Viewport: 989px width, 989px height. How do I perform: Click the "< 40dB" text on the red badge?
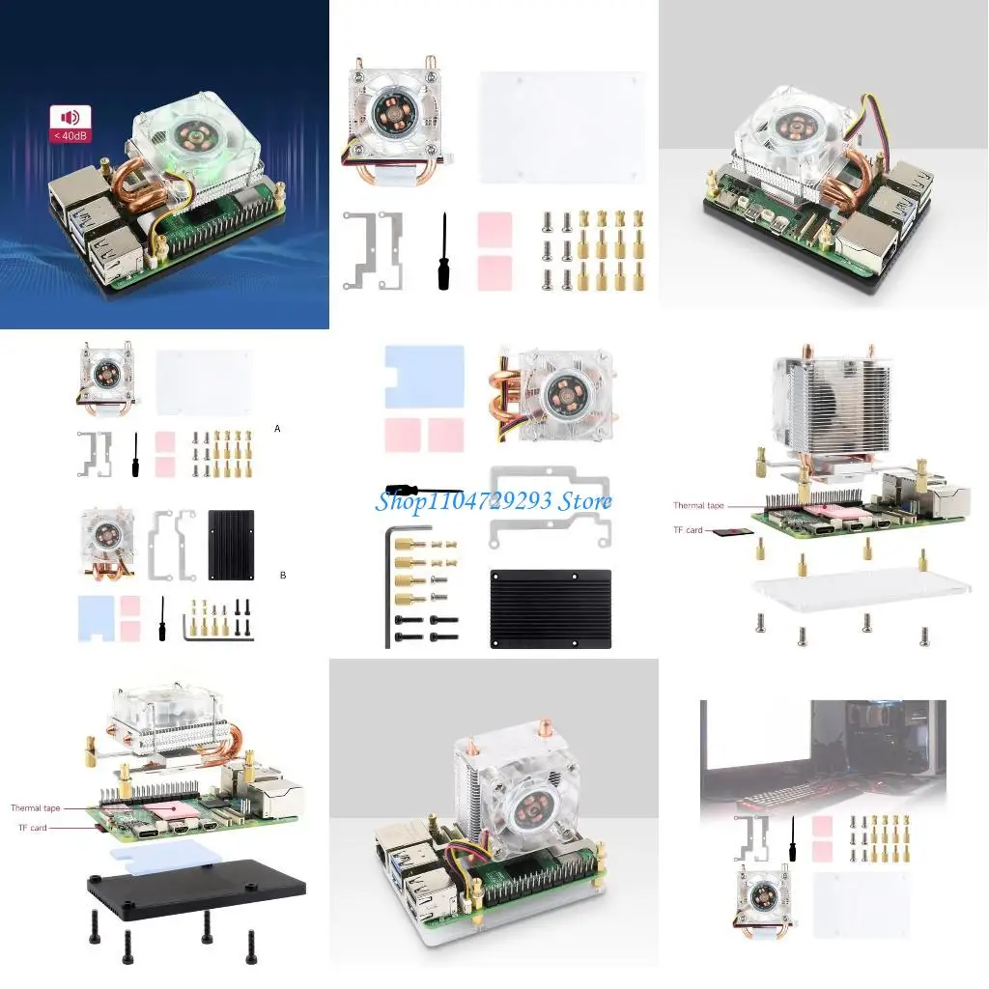click(71, 135)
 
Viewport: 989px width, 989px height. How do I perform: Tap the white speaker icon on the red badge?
click(71, 117)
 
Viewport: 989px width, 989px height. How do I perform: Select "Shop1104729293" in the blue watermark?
click(460, 501)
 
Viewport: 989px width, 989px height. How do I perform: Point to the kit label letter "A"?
click(278, 427)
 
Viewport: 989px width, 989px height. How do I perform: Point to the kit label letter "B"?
click(282, 575)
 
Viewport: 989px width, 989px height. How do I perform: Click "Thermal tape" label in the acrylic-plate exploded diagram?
click(698, 505)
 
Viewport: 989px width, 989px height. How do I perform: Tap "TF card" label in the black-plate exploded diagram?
click(32, 828)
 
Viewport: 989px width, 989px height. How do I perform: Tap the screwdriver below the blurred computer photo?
click(792, 837)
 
